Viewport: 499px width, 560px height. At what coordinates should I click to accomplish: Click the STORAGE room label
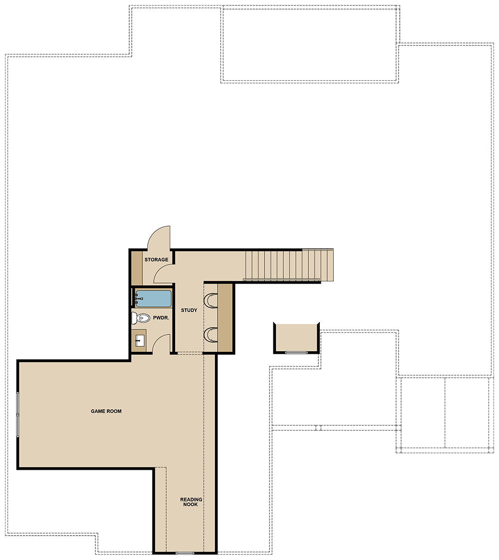(x=156, y=260)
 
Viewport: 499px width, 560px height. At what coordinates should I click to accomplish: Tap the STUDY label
(x=189, y=310)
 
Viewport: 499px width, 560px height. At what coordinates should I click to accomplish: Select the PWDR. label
(x=161, y=318)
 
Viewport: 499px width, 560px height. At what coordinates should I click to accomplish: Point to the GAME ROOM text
(x=106, y=411)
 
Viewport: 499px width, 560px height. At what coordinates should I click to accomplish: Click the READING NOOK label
(x=191, y=502)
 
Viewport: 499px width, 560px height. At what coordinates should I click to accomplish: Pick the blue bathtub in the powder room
(x=154, y=299)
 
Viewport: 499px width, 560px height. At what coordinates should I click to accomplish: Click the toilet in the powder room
(x=141, y=317)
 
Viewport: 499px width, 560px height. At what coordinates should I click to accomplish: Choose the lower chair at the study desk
(x=211, y=335)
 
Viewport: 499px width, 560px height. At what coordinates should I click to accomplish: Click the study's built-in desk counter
(x=225, y=318)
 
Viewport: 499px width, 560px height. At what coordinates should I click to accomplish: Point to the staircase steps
(x=289, y=265)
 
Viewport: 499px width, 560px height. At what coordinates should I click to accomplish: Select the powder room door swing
(x=161, y=343)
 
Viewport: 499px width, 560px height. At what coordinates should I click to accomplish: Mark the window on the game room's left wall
(x=17, y=414)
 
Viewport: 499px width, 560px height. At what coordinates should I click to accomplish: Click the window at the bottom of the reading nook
(x=185, y=553)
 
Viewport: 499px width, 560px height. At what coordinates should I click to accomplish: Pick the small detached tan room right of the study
(x=296, y=338)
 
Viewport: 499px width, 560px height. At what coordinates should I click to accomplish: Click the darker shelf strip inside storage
(x=137, y=268)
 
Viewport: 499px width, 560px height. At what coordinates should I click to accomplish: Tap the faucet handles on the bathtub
(x=137, y=299)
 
